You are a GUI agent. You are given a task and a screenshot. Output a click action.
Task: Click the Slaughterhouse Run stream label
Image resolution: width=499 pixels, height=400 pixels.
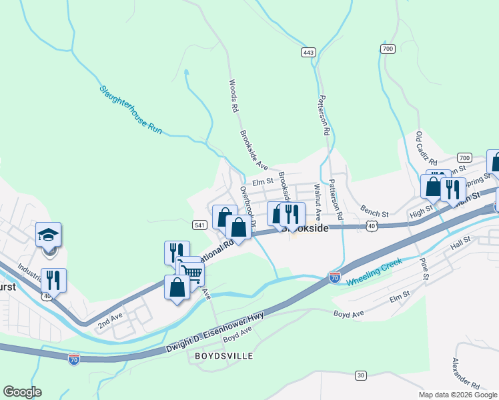click(131, 110)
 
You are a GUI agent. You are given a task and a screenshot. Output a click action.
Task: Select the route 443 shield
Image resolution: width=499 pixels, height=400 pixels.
click(308, 52)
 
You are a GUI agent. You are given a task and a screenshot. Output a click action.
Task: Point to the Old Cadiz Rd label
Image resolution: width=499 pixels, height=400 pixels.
click(426, 149)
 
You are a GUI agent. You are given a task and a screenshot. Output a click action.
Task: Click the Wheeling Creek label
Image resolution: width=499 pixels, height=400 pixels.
click(374, 273)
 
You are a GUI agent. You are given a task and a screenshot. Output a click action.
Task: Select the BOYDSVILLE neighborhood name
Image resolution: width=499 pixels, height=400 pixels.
click(224, 357)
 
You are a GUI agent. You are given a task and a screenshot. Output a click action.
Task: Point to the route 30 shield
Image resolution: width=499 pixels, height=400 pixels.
click(361, 375)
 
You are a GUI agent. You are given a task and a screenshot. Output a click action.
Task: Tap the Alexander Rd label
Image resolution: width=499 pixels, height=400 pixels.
click(466, 374)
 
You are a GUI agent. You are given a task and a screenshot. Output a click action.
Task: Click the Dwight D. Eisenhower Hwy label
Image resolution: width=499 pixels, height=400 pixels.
click(213, 335)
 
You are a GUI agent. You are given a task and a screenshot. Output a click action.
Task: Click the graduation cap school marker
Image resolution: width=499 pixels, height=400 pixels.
click(49, 234)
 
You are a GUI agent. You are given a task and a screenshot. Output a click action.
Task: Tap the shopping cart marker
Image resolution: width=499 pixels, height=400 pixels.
click(191, 273)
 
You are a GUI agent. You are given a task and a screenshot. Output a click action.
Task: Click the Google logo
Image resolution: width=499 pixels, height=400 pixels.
click(22, 392)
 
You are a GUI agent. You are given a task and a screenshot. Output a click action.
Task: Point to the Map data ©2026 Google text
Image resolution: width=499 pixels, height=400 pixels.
click(458, 395)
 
